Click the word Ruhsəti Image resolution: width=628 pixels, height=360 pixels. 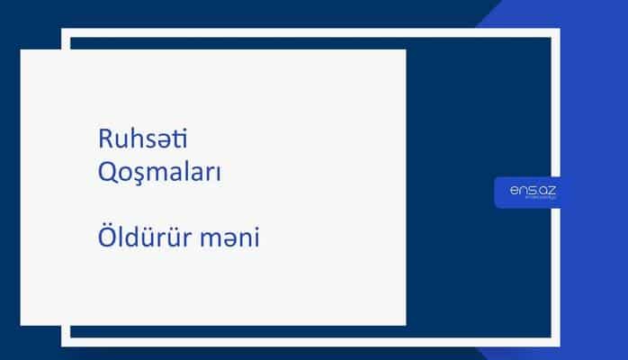coord(146,139)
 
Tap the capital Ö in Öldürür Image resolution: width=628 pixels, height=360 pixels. coord(105,239)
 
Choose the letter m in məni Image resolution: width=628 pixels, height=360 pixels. coord(211,242)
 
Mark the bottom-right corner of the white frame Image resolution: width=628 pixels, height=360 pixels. coord(556,342)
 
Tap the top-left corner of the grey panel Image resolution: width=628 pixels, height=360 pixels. coord(22,50)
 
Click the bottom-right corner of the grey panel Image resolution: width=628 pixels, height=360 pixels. coord(405,323)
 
